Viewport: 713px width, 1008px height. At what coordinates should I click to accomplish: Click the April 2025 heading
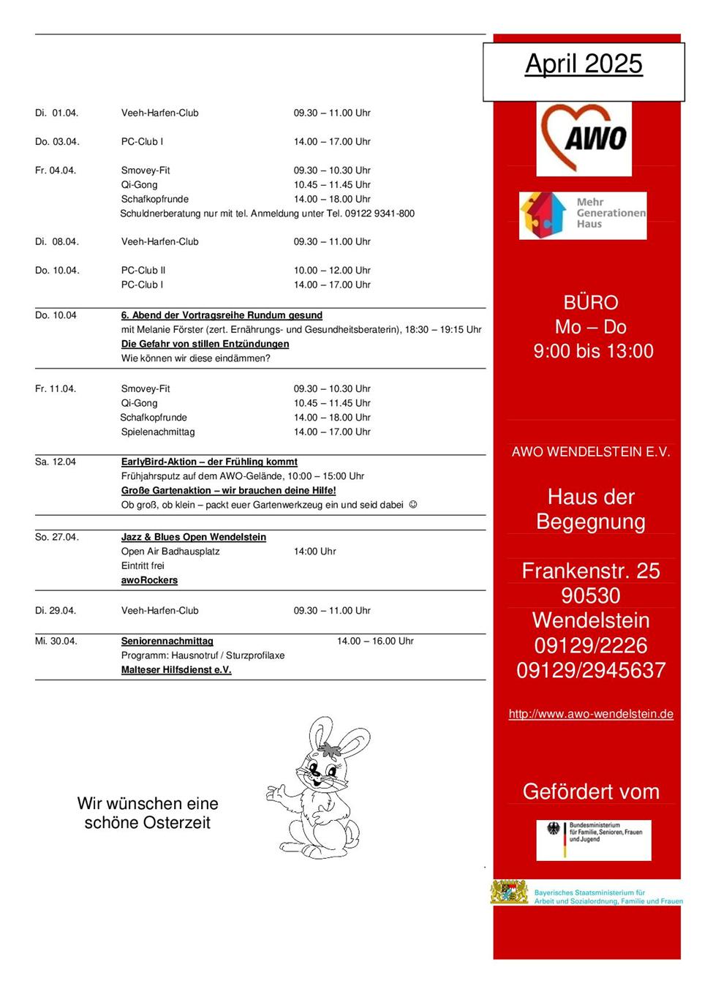[584, 64]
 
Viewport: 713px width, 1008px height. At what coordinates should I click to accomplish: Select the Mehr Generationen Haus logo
[583, 215]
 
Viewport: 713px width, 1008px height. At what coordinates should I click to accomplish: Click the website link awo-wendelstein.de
[591, 714]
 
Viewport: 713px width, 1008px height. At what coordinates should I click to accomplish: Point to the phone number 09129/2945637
[591, 670]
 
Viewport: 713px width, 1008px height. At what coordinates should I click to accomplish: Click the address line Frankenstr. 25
[591, 571]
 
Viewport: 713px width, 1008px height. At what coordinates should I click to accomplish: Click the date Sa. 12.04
[56, 462]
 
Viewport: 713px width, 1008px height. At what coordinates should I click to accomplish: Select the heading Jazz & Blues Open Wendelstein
[194, 538]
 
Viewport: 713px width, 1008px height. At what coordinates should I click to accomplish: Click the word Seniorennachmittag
[167, 642]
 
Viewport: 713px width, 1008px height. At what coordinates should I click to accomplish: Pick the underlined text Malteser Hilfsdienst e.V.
[176, 670]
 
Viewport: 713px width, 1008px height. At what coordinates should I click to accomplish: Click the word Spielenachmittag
[158, 432]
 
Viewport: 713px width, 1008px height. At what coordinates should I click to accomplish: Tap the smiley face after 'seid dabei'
[413, 505]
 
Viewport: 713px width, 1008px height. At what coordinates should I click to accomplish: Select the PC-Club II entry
[143, 271]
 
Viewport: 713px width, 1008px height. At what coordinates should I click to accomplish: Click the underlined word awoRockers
[149, 581]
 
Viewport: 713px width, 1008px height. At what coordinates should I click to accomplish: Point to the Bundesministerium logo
[593, 839]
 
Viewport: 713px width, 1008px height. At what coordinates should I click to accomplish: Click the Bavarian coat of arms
[510, 892]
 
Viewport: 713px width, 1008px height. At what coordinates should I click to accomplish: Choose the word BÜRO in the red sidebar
[591, 303]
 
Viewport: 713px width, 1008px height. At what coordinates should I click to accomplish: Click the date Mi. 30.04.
[56, 642]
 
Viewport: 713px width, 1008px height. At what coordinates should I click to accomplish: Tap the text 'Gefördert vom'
[591, 792]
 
